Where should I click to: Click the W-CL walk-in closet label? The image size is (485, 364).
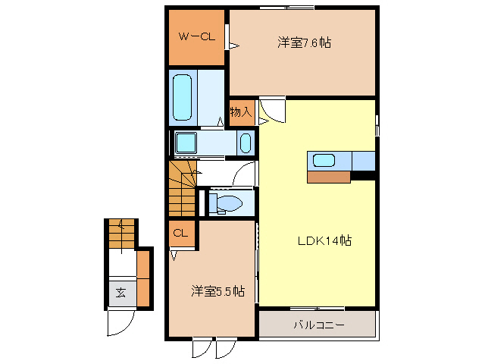(196, 36)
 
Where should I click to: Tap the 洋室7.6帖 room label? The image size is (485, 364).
(303, 42)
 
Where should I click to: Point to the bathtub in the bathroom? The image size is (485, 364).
(183, 97)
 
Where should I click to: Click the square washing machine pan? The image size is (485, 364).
(186, 143)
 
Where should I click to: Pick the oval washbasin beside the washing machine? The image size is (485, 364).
(245, 143)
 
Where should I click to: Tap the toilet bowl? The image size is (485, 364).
(228, 202)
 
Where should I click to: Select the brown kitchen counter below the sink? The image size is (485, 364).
(329, 177)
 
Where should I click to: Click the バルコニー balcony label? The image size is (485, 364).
(318, 325)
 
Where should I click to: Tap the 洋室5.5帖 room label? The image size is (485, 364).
(217, 290)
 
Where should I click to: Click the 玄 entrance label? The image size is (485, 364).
(120, 292)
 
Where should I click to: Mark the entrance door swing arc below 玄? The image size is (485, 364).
(120, 324)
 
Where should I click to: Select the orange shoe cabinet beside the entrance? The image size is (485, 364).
(144, 278)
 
